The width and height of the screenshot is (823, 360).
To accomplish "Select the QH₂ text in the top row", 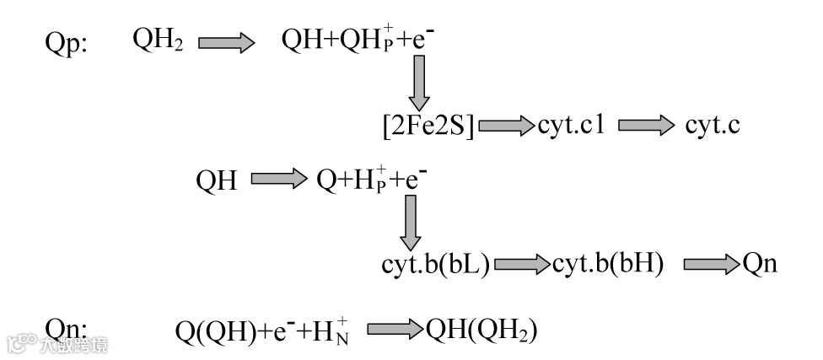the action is (158, 41).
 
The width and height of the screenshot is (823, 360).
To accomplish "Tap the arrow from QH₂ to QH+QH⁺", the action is (226, 43).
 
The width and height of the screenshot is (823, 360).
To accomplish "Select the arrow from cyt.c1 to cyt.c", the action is (647, 126).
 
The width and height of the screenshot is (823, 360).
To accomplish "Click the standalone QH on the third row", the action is (217, 180).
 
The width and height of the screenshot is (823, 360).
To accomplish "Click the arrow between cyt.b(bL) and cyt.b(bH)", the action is (522, 265).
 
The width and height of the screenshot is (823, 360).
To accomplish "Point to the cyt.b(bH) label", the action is (608, 264).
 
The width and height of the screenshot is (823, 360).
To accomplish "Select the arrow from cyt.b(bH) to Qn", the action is (711, 265).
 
